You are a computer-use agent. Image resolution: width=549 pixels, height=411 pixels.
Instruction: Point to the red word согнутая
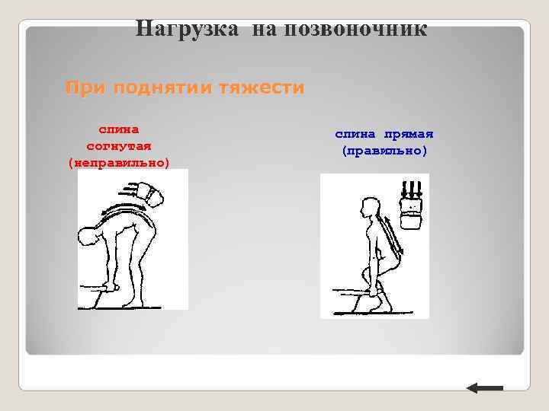tap(119, 145)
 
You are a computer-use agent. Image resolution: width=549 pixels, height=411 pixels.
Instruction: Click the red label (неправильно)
tap(119, 162)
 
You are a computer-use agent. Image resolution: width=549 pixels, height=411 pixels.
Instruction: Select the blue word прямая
tap(409, 134)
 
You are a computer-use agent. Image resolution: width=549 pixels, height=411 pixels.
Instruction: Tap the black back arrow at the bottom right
tap(485, 388)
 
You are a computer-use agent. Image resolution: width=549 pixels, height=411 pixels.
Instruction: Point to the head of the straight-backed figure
tap(371, 206)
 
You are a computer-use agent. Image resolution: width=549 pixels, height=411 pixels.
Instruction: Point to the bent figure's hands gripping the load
tap(112, 288)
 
